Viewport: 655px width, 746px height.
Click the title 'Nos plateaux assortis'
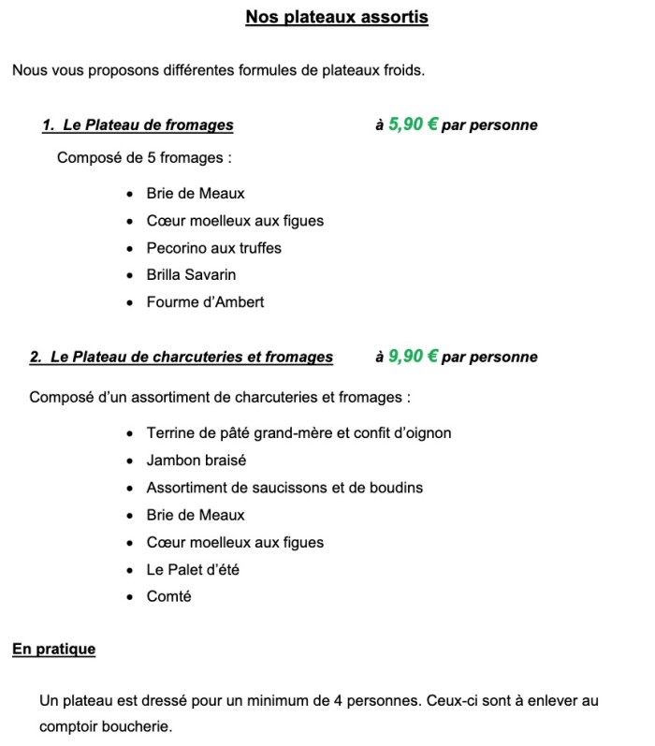(337, 18)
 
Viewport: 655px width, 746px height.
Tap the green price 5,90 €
(413, 124)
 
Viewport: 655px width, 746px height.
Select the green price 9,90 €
(413, 356)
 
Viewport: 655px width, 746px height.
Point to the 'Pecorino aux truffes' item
(213, 248)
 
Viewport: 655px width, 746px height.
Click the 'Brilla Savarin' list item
(191, 275)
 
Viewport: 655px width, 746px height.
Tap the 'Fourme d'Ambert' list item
(205, 302)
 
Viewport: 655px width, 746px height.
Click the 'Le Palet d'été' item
(193, 569)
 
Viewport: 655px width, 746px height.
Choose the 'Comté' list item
(168, 596)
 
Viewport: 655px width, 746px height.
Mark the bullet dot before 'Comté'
(129, 597)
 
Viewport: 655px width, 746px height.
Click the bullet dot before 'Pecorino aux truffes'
(129, 249)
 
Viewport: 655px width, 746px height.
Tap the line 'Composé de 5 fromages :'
(145, 157)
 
